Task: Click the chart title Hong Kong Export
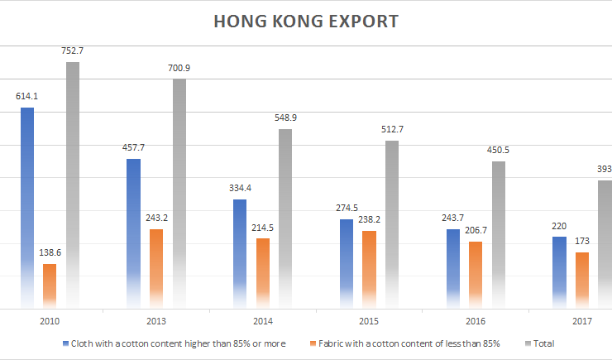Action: pyautogui.click(x=306, y=22)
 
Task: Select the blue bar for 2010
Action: pyautogui.click(x=27, y=207)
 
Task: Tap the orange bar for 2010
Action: pyautogui.click(x=50, y=286)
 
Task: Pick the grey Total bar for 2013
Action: pyautogui.click(x=179, y=194)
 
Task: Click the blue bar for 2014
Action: pyautogui.click(x=239, y=253)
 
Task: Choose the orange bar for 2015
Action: pyautogui.click(x=369, y=269)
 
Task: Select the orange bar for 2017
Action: pyautogui.click(x=581, y=280)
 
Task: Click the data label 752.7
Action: pyautogui.click(x=72, y=50)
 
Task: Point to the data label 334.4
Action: pyautogui.click(x=239, y=188)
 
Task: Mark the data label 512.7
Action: pyautogui.click(x=392, y=129)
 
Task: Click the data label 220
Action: pyautogui.click(x=559, y=226)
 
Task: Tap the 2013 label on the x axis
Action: pyautogui.click(x=155, y=320)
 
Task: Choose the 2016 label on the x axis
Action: pyautogui.click(x=475, y=320)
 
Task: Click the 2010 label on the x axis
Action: pyautogui.click(x=50, y=320)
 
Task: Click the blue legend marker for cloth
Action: pyautogui.click(x=65, y=343)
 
